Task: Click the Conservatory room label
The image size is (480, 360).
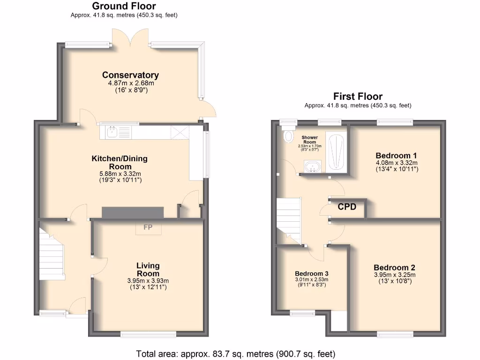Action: coord(130,75)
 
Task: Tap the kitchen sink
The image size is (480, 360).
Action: coord(112,132)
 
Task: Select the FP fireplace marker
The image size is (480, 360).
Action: coord(148,228)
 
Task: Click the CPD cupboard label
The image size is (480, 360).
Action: coord(347,207)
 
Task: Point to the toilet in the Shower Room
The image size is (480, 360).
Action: coord(288,136)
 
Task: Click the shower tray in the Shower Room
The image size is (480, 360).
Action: coord(336,152)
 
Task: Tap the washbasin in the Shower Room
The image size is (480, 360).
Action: coord(312,166)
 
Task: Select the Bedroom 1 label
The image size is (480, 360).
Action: coord(397,156)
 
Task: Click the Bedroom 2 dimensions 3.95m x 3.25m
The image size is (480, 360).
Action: coord(395,275)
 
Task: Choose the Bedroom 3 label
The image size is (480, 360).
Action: coord(311,274)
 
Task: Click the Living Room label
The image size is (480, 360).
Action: coord(148,270)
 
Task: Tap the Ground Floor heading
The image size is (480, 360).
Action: coord(124,6)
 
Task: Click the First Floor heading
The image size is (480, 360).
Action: coord(358,97)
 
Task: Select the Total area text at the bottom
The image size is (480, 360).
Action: coord(236,354)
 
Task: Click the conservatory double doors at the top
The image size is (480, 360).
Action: coord(131,40)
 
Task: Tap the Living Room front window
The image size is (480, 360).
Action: coord(148,334)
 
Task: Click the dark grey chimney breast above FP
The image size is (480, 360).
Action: coord(133,212)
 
